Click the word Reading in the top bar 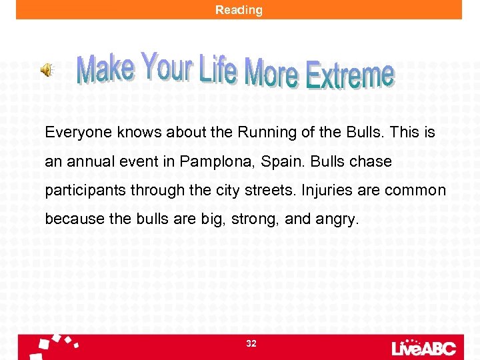click(x=239, y=10)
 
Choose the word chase click(x=373, y=162)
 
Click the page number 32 click(x=251, y=343)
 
